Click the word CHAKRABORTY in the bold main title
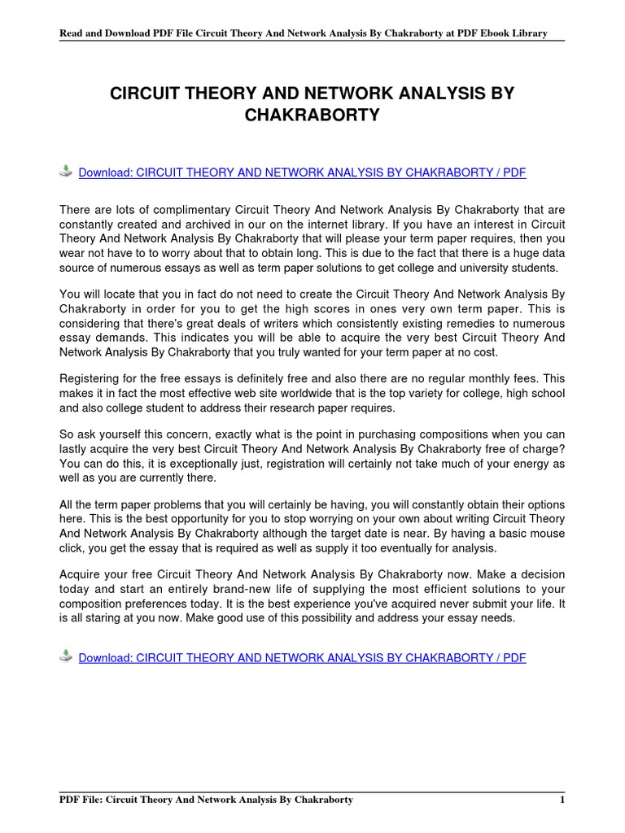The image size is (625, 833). pos(312,116)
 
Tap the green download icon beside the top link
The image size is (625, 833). pos(66,171)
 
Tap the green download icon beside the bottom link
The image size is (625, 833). pos(66,656)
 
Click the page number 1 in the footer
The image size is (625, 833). pos(562,800)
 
